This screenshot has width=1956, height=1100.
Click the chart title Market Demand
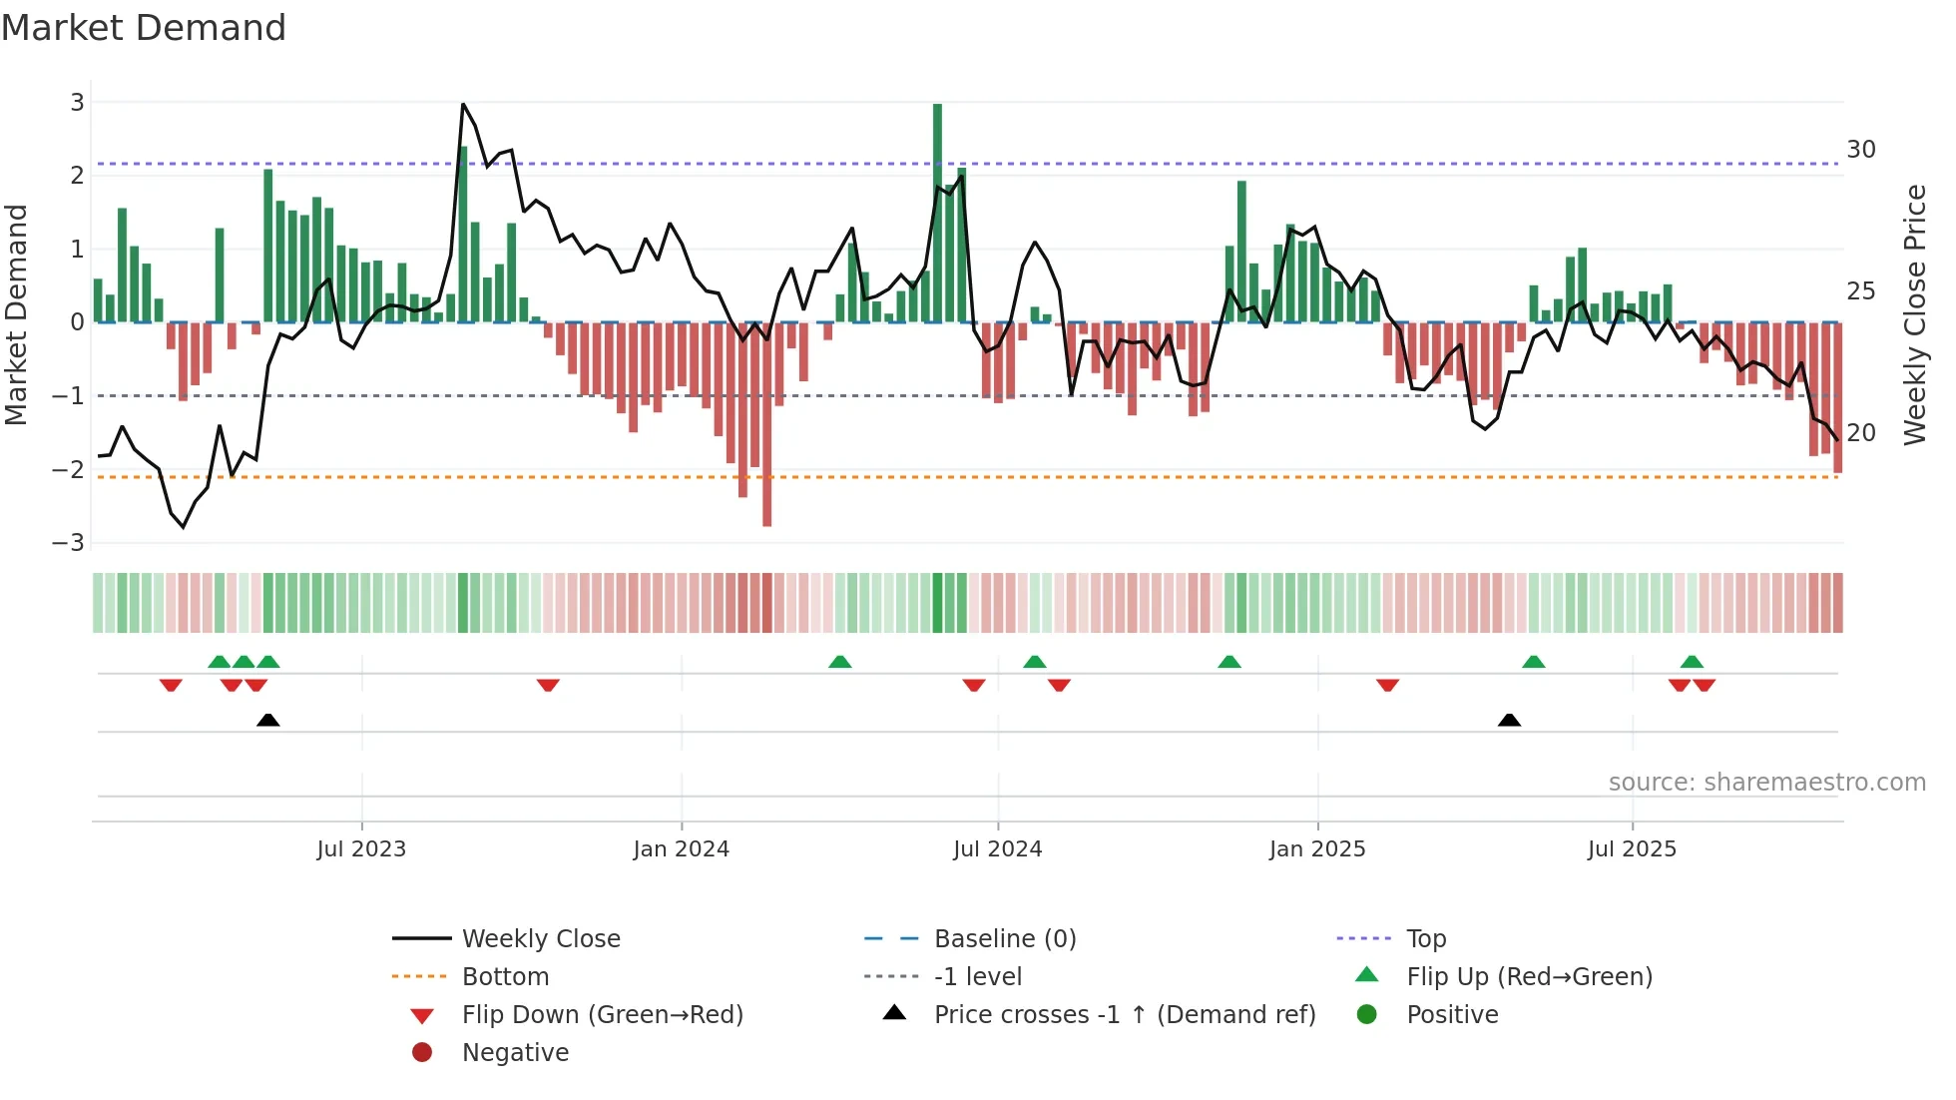click(x=144, y=28)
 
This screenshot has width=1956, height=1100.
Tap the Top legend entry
click(x=1425, y=939)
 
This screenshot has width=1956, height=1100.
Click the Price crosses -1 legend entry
click(x=1124, y=1015)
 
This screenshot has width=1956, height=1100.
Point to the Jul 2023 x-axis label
click(x=361, y=849)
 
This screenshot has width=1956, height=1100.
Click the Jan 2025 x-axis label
click(x=1317, y=849)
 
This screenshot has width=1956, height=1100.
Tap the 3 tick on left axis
click(x=77, y=102)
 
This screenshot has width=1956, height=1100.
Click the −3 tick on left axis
click(x=69, y=543)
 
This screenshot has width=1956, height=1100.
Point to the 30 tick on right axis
click(x=1860, y=150)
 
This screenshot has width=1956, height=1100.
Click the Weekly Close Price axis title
click(x=1914, y=314)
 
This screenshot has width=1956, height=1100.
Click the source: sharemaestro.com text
click(x=1766, y=783)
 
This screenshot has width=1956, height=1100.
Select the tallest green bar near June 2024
click(x=937, y=215)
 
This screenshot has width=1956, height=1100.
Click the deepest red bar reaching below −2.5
click(x=766, y=424)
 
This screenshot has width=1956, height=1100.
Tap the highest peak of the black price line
click(x=463, y=104)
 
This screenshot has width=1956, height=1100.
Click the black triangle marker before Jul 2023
click(x=267, y=721)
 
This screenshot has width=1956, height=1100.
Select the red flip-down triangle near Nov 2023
click(x=548, y=685)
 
